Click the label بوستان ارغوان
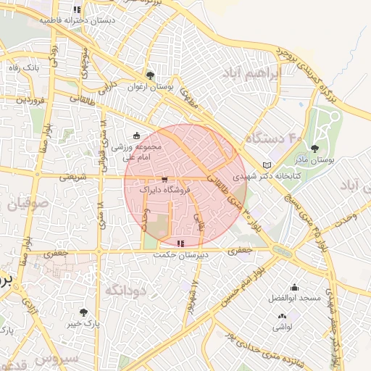tap(151, 88)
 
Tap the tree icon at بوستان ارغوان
tap(150, 75)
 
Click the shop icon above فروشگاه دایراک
tap(164, 178)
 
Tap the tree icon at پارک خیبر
tap(84, 312)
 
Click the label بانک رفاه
tap(22, 67)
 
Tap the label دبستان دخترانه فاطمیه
tap(77, 21)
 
